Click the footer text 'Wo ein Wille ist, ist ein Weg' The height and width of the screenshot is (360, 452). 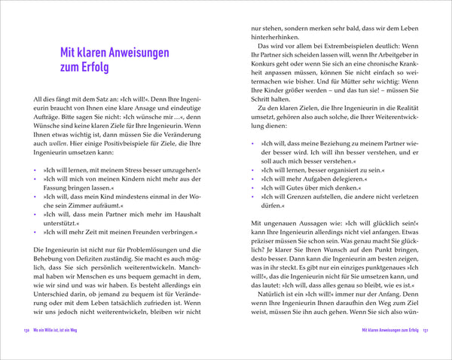click(x=66, y=351)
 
